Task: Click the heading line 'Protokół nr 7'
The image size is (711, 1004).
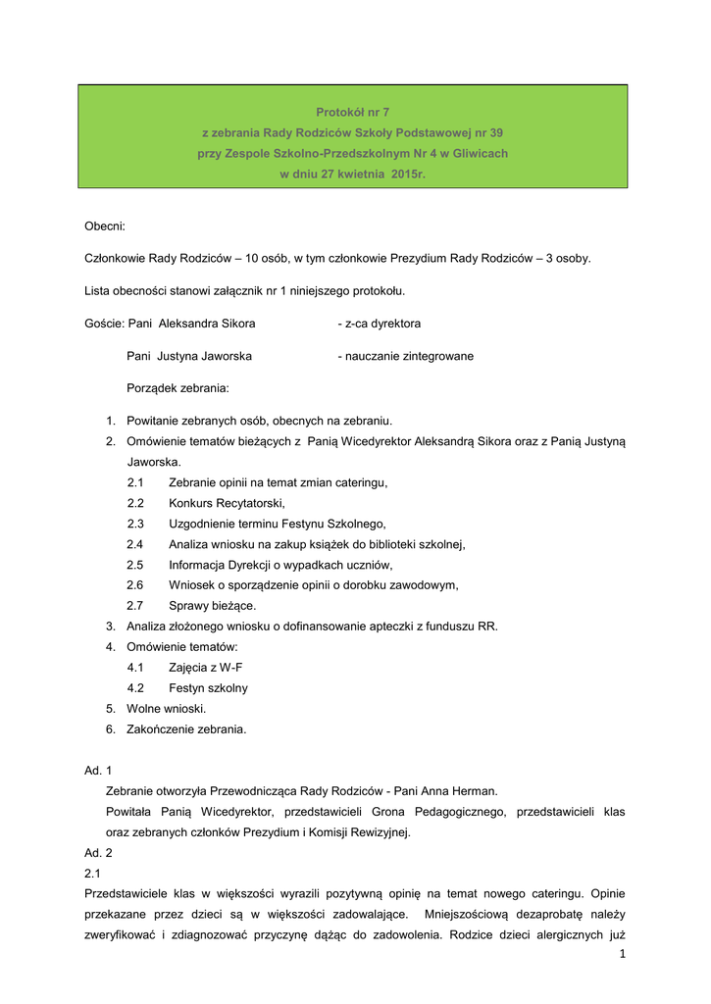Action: tap(352, 112)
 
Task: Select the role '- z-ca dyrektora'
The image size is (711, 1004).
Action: tap(379, 324)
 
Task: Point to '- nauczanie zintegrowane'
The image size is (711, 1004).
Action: tap(405, 356)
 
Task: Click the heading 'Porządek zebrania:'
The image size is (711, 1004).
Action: tap(178, 388)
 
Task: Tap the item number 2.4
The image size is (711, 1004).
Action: tap(135, 543)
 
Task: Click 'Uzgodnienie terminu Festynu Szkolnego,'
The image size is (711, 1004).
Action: tap(278, 523)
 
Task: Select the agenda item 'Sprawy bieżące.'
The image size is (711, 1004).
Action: tap(212, 605)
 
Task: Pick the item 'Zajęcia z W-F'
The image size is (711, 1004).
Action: tap(207, 667)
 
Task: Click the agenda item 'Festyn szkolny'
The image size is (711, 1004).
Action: tap(208, 687)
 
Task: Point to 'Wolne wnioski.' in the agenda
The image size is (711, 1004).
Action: tap(167, 708)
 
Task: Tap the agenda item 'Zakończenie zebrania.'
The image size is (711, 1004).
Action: tap(186, 728)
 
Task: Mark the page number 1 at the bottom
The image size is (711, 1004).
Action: tap(622, 955)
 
